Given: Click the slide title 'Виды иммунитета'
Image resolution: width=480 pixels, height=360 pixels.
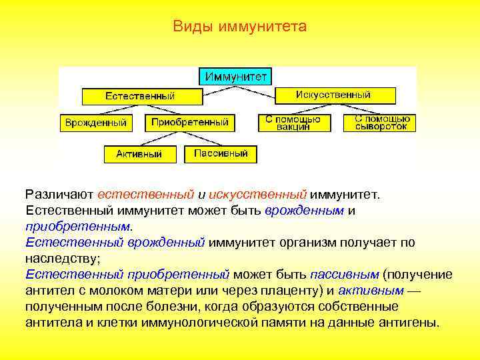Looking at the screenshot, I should pos(239,27).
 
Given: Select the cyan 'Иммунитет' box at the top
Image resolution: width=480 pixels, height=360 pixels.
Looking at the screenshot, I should pos(236,77).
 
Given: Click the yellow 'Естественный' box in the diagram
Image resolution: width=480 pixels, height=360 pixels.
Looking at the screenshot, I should pos(141,97).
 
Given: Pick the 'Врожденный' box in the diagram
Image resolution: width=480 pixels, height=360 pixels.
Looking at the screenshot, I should pos(96,123).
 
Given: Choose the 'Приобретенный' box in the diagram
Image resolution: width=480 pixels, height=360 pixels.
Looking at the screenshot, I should pos(190,122).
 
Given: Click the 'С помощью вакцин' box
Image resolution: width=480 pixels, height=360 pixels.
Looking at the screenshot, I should pos(293,123).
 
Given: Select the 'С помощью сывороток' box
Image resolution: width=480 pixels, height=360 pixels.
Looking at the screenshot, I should pos(381,123).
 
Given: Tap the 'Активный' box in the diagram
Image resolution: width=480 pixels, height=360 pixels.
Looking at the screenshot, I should pos(139,154).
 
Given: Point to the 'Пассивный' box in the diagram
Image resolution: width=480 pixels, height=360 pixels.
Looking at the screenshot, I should pos(221,154).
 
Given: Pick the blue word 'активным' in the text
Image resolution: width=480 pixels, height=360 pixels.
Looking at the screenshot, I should pos(370,291).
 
